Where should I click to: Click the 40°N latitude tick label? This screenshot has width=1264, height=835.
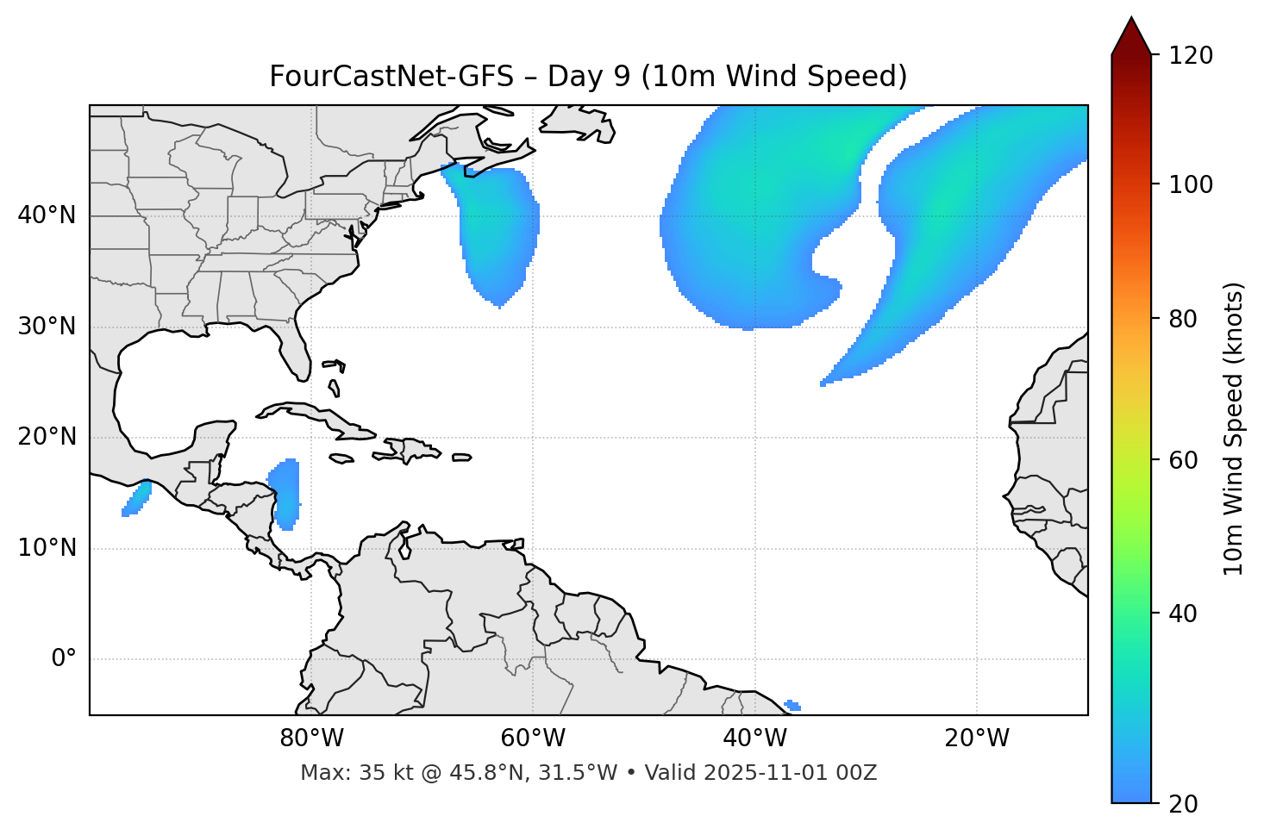point(47,215)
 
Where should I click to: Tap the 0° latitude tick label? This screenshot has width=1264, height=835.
point(64,659)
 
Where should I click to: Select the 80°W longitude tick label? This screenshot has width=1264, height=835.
point(311,738)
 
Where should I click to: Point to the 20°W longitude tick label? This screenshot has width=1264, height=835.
point(977,738)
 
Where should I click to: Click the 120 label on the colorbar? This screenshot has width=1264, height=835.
point(1192,56)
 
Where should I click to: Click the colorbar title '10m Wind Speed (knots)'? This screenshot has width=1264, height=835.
point(1234,428)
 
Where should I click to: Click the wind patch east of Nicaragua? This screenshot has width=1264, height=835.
point(285,493)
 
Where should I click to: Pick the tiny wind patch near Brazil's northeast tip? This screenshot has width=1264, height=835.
point(793,706)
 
